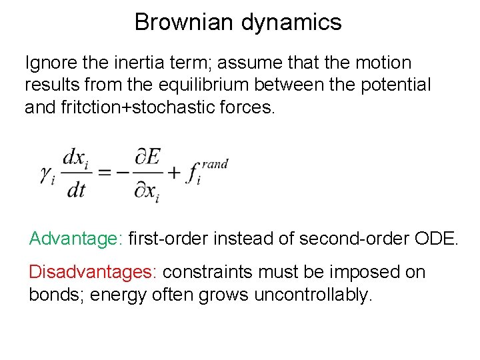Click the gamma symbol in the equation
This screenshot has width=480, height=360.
click(x=47, y=175)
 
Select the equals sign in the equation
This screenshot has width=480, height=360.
click(x=105, y=174)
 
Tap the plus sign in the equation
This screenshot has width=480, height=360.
click(x=175, y=174)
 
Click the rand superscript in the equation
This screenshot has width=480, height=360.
click(x=215, y=164)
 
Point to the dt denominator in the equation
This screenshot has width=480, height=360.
click(x=76, y=190)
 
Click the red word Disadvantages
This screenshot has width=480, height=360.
click(x=92, y=272)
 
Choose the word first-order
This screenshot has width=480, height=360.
click(x=164, y=238)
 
